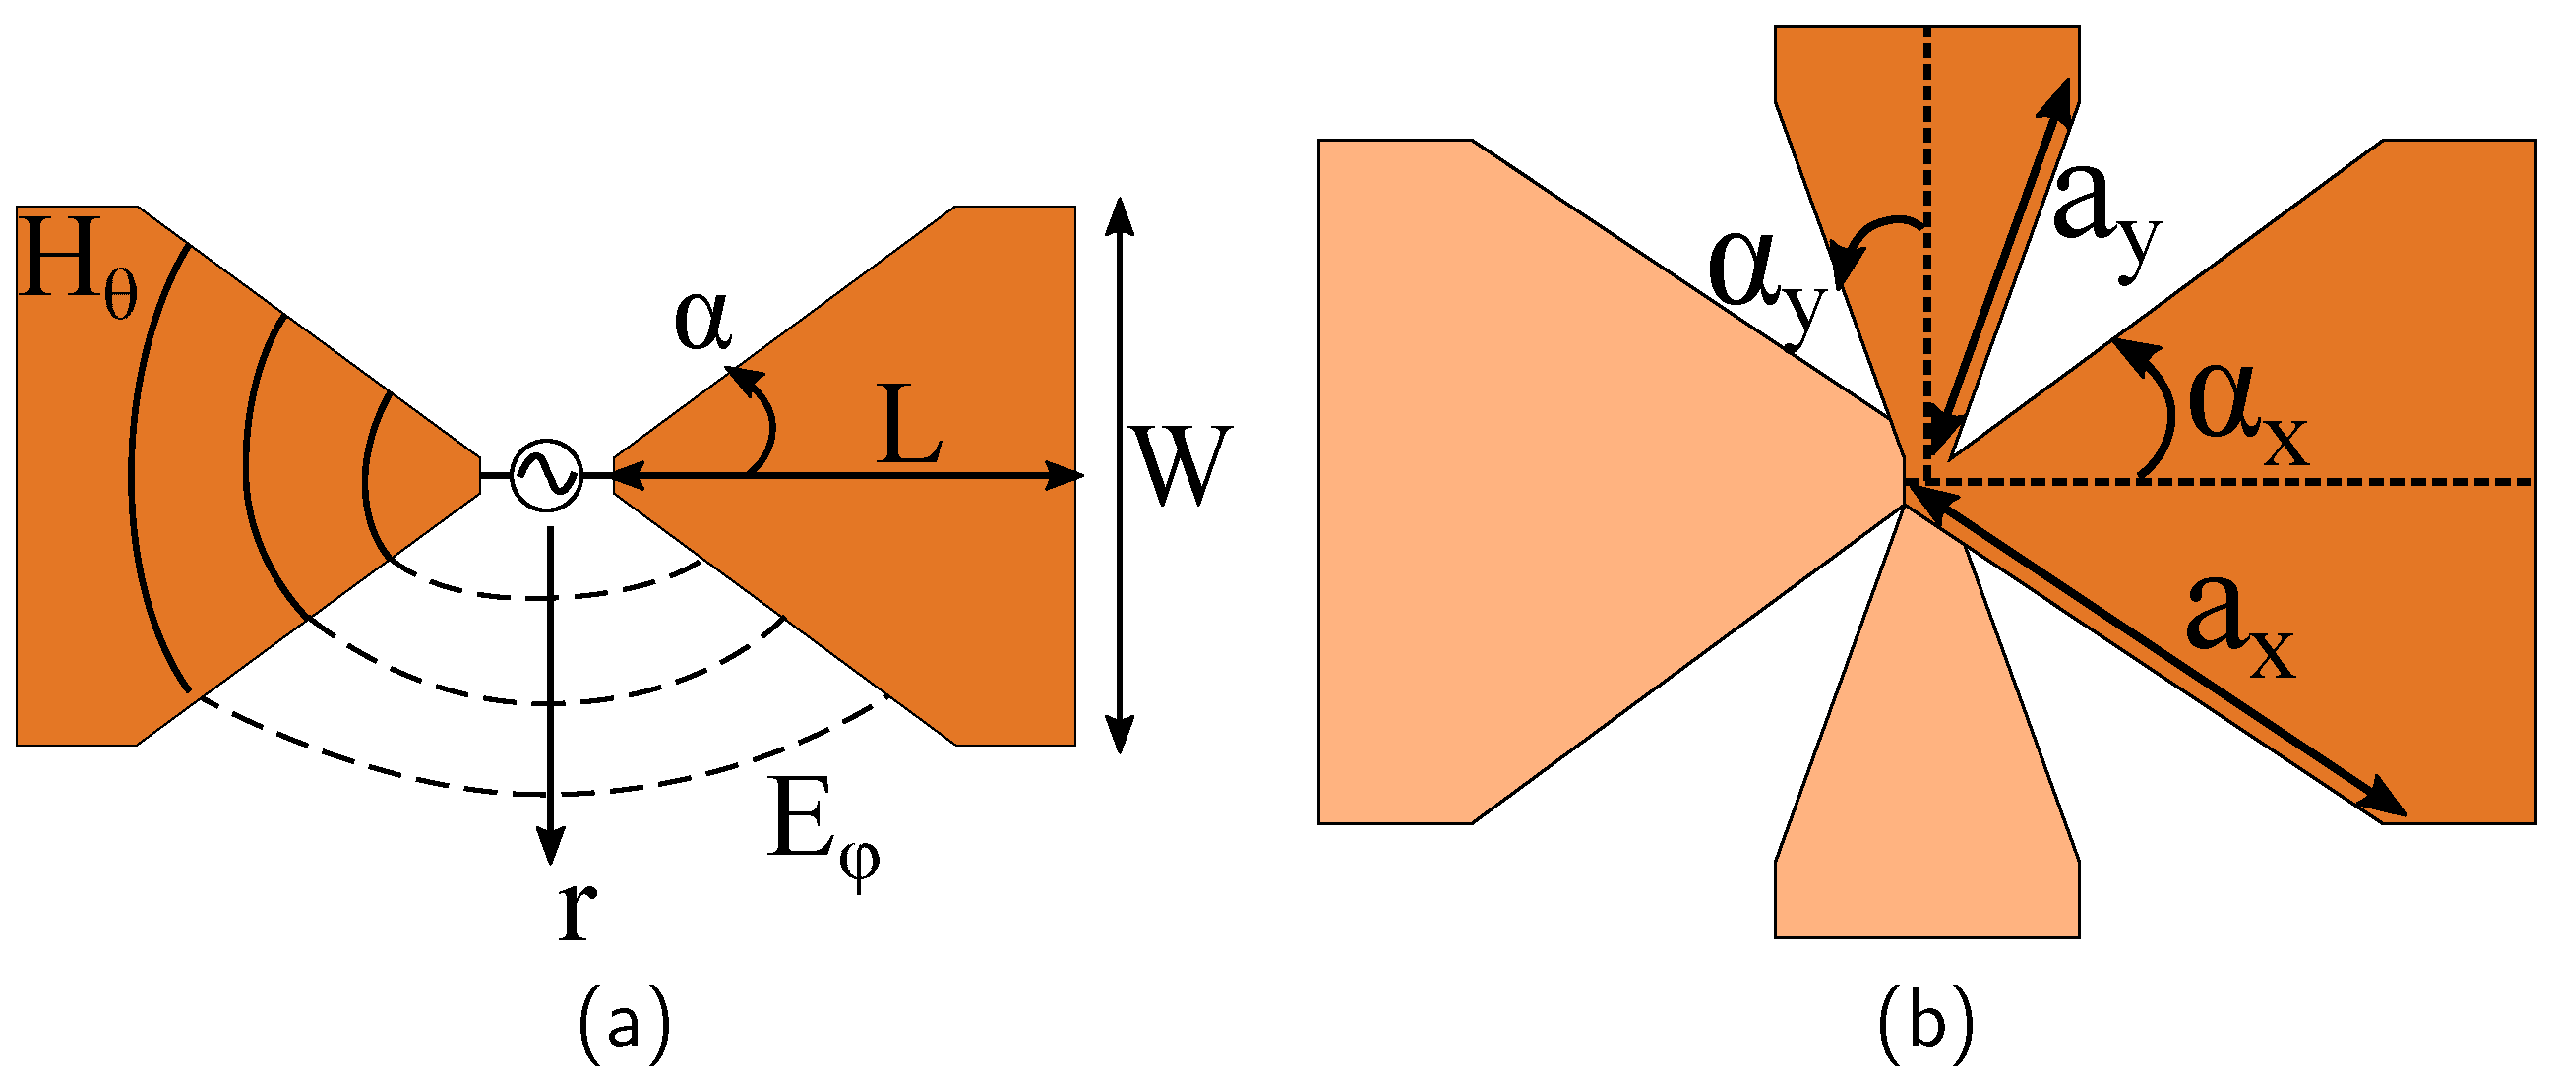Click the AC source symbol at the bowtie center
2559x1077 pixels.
(x=545, y=476)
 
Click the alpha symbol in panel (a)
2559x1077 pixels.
(x=702, y=322)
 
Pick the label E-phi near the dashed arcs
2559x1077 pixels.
(x=821, y=824)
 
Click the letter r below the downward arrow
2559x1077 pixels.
(x=577, y=910)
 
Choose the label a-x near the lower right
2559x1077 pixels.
(x=2239, y=628)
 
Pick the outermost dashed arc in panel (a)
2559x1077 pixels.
(x=546, y=794)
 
